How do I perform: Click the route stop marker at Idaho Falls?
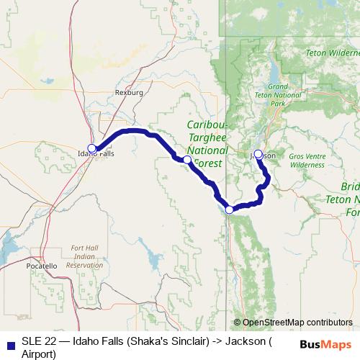(x=91, y=148)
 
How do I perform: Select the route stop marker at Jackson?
(x=258, y=153)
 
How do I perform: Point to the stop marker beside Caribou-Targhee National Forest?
(x=187, y=159)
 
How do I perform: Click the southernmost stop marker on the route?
(x=230, y=210)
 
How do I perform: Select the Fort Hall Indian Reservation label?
(x=85, y=257)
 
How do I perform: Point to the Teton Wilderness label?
(x=332, y=53)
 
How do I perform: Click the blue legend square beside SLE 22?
(x=9, y=345)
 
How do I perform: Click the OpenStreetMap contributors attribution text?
(x=297, y=323)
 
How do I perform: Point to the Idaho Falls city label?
(x=95, y=153)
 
